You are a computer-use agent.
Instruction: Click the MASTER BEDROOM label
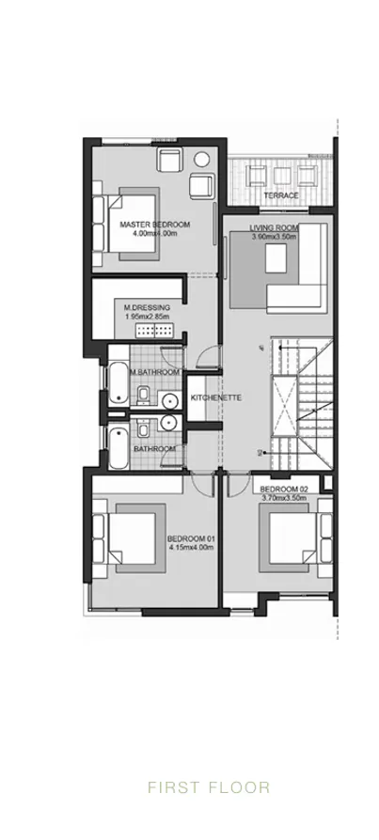155,225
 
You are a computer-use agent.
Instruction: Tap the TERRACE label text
280,195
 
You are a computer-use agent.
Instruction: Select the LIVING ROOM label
274,228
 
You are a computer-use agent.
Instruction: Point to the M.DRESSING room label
146,307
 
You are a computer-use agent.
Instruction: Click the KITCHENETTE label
216,398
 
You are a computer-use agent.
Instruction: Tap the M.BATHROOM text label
154,373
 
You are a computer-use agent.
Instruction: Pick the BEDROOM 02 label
284,490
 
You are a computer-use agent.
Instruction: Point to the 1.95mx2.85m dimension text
147,317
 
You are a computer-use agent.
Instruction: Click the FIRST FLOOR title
208,787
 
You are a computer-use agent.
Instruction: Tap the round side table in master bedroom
201,158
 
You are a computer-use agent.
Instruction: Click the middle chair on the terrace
280,174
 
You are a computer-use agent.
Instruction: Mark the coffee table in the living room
279,263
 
